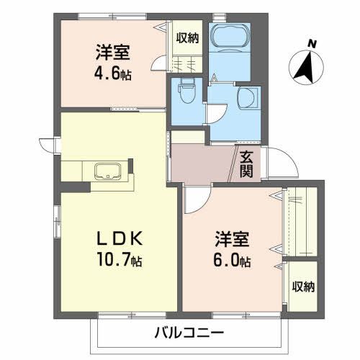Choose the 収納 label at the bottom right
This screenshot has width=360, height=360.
(303, 287)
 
